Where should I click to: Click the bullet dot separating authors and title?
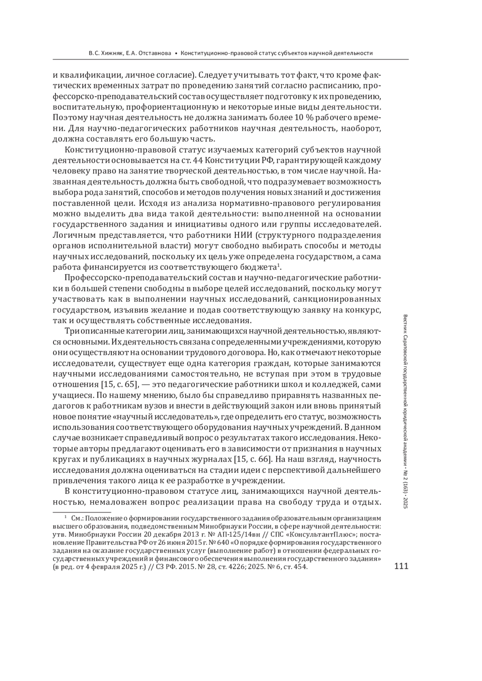[x=176, y=53]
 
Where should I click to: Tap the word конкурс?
[x=364, y=310]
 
